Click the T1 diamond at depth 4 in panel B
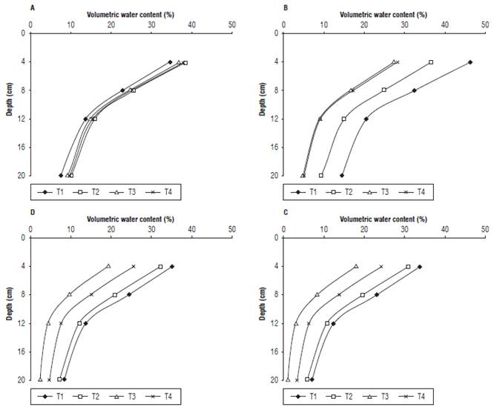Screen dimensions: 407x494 click(x=470, y=62)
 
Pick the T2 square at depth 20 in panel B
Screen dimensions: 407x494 click(x=321, y=176)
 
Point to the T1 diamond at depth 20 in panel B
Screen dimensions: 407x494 click(x=341, y=176)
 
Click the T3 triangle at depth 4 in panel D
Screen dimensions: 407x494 click(x=108, y=266)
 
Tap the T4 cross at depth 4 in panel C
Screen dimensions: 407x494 click(x=381, y=266)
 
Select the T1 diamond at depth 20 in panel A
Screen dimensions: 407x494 click(x=61, y=176)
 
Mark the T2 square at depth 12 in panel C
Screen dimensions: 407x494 click(x=327, y=323)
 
